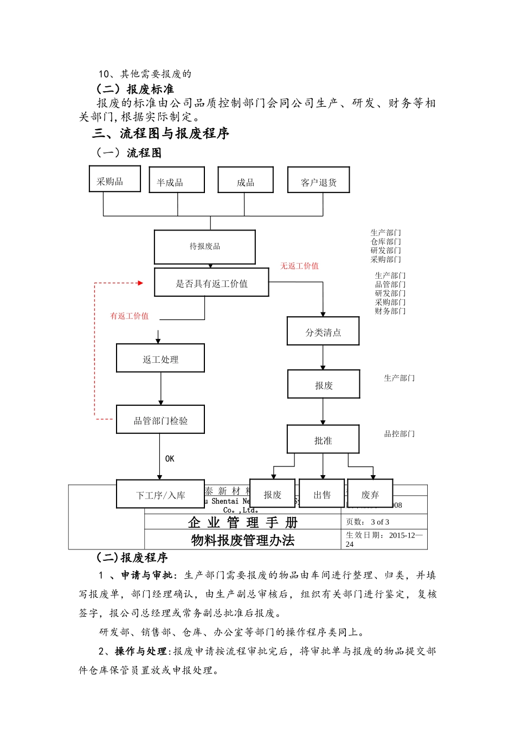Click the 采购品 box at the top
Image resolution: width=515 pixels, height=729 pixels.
[114, 179]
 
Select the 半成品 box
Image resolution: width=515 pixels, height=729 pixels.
[177, 180]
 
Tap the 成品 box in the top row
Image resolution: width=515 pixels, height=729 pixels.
[245, 180]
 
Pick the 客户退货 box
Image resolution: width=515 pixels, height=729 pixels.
[318, 180]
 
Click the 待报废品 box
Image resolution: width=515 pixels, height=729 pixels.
[204, 247]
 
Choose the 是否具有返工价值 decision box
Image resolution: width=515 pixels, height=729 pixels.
[211, 283]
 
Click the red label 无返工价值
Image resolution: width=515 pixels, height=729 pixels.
[299, 266]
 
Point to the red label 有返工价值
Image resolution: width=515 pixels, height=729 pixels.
[130, 316]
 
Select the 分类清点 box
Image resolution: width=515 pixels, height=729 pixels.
[323, 331]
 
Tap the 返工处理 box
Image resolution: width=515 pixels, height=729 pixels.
[160, 359]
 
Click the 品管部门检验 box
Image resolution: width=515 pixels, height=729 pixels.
[160, 420]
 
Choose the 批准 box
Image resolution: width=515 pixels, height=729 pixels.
[323, 439]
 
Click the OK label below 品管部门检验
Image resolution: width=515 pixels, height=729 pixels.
[170, 459]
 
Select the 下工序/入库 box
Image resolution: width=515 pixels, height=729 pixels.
[160, 494]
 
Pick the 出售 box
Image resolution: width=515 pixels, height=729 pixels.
[321, 494]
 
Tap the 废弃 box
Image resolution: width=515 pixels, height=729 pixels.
[370, 494]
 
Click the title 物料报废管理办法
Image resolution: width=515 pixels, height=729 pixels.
[242, 540]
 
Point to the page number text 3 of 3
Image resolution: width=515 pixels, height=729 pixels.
[380, 522]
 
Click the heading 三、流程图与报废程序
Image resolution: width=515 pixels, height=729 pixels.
[161, 133]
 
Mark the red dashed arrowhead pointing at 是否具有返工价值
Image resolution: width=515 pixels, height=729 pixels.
[140, 283]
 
